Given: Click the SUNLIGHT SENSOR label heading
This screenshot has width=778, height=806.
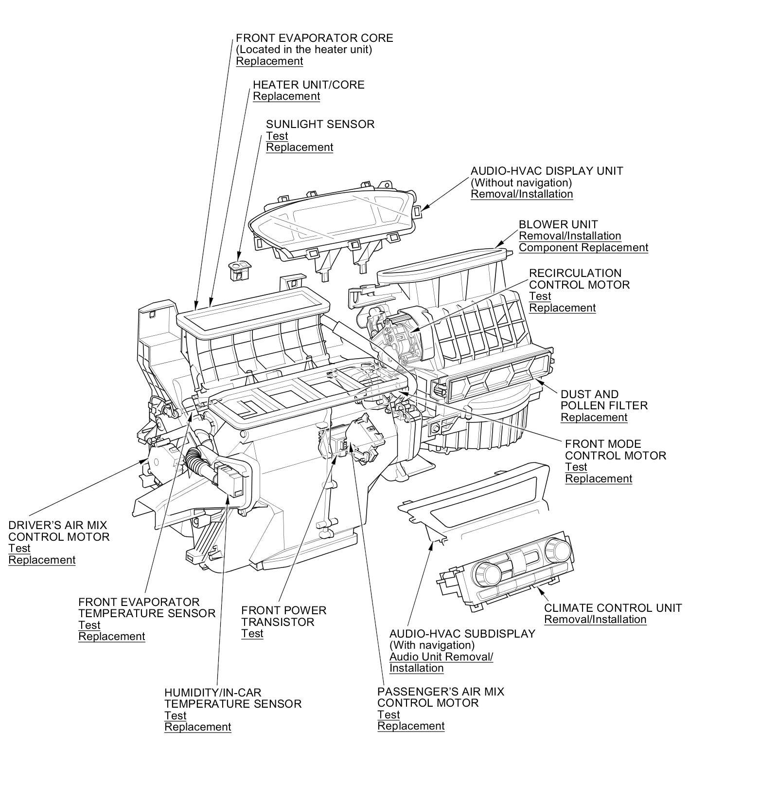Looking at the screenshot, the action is (x=320, y=124).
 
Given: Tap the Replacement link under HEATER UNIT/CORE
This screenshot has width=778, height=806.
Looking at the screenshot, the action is (x=286, y=96).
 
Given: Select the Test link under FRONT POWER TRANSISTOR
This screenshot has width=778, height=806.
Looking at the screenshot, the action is (x=252, y=633).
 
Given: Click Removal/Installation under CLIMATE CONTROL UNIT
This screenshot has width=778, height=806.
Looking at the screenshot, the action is (x=595, y=619).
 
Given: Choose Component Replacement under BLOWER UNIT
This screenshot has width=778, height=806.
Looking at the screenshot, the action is (x=583, y=247).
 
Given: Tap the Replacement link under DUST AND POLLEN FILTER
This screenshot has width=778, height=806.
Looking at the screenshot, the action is (x=594, y=417).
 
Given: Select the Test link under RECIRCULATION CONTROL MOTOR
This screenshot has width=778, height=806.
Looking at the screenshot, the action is (x=540, y=296).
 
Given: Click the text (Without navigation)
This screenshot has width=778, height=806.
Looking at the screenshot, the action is (x=521, y=183).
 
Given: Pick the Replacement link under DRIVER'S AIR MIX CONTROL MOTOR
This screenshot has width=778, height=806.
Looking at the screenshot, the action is (x=42, y=560).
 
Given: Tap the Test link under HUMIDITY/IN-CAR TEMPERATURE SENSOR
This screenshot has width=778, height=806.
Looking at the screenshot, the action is (x=175, y=715).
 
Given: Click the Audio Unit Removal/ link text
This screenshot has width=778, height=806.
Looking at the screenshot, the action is (x=441, y=657).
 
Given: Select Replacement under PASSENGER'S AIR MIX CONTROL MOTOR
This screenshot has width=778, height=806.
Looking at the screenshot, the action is (x=411, y=726).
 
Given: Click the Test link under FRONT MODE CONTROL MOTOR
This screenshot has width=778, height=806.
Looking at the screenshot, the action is (x=576, y=467).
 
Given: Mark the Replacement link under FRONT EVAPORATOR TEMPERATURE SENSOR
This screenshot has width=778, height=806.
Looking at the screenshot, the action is (x=112, y=636).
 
